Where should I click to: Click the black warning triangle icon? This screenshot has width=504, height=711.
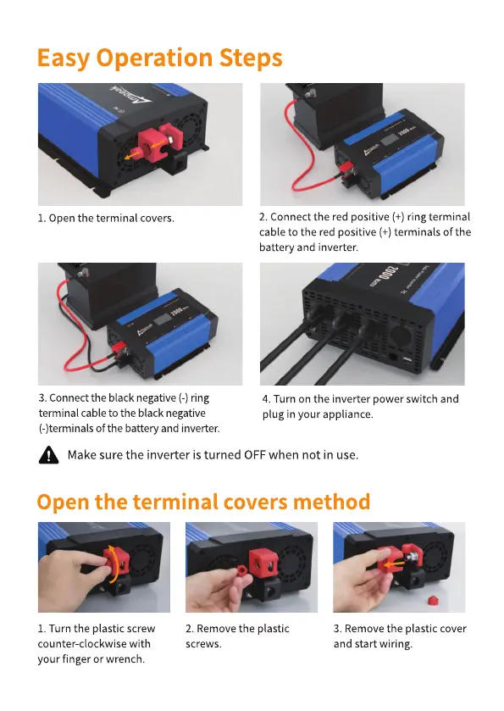coord(48,455)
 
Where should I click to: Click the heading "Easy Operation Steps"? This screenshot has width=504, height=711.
coord(159,58)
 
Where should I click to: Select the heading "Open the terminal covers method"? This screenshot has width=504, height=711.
coord(203,502)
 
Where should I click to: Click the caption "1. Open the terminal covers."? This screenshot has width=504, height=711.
coord(106,218)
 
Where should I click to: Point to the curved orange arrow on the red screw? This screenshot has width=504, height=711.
coord(115,564)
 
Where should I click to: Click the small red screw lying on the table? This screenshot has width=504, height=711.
coord(434,600)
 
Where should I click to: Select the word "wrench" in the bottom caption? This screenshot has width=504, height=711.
coord(125,658)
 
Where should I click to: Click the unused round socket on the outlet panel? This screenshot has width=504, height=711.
coord(401,336)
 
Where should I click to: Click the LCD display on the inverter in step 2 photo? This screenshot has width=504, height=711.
coord(390,139)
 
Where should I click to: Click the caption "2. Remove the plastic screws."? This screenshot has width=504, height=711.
coord(237,636)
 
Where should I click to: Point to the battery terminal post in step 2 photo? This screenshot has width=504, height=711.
coord(310,95)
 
